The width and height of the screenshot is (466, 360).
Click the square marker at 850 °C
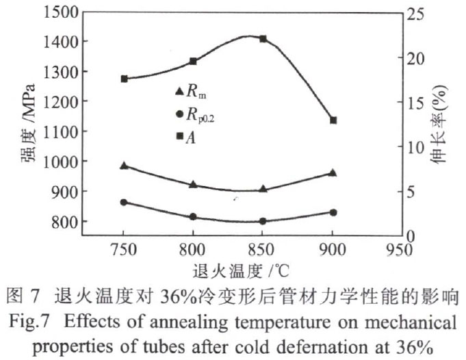263,39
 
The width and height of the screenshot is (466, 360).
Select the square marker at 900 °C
333,120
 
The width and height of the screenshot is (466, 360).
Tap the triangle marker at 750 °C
124,166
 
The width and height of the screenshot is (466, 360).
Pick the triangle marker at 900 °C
333,172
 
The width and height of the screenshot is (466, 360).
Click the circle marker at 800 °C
193,217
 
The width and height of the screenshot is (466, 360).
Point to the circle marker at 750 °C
124,203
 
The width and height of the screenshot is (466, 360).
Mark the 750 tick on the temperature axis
124,249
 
